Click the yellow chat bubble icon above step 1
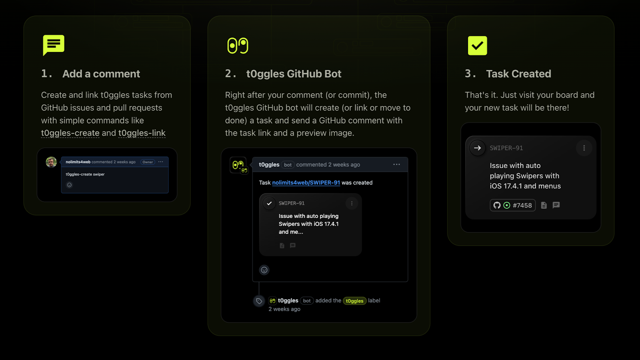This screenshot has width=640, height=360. point(53,44)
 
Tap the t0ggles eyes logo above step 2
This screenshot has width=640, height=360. point(238,46)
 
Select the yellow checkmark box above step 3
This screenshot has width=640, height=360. point(477,46)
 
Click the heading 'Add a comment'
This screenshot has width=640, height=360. point(101,74)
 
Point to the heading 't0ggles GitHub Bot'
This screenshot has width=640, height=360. point(294,74)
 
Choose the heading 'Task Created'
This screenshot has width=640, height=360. point(518,74)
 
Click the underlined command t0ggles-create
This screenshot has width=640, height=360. point(70,133)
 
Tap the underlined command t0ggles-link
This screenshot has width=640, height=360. point(142,133)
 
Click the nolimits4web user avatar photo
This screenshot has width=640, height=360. point(51,162)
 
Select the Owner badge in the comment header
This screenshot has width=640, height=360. point(148,162)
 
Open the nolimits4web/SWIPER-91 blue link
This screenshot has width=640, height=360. point(306,183)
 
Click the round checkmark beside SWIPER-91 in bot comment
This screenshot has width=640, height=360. point(269,203)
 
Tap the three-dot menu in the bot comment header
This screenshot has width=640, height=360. point(396,164)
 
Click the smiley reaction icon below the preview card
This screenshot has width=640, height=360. point(264,270)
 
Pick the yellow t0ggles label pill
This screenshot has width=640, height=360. point(354,301)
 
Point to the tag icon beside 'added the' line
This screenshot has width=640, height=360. point(259,301)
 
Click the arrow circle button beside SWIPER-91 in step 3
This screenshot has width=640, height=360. point(477,148)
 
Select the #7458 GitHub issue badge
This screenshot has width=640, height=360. point(512,205)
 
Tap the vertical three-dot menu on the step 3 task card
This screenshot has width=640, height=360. point(584,148)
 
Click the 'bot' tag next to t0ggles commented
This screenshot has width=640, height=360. point(288,165)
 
